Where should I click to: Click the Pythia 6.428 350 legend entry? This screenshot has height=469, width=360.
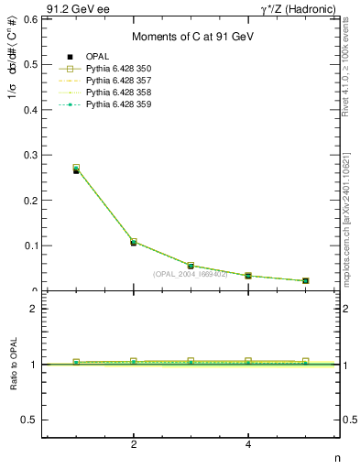point(118,69)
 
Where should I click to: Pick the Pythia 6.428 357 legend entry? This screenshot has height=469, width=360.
point(118,81)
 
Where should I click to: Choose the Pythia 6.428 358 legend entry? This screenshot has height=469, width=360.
point(118,93)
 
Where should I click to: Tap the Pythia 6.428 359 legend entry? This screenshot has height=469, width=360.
point(118,105)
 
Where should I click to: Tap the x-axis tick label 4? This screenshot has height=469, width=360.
point(248,445)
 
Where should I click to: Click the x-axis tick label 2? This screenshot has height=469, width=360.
point(134,445)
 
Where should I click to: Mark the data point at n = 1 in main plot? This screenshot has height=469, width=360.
point(76,169)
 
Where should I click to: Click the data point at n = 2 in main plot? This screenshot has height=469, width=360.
point(134,243)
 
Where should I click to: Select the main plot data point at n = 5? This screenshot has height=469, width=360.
point(305,280)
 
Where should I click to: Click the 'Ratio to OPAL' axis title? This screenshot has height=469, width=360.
point(13,365)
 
